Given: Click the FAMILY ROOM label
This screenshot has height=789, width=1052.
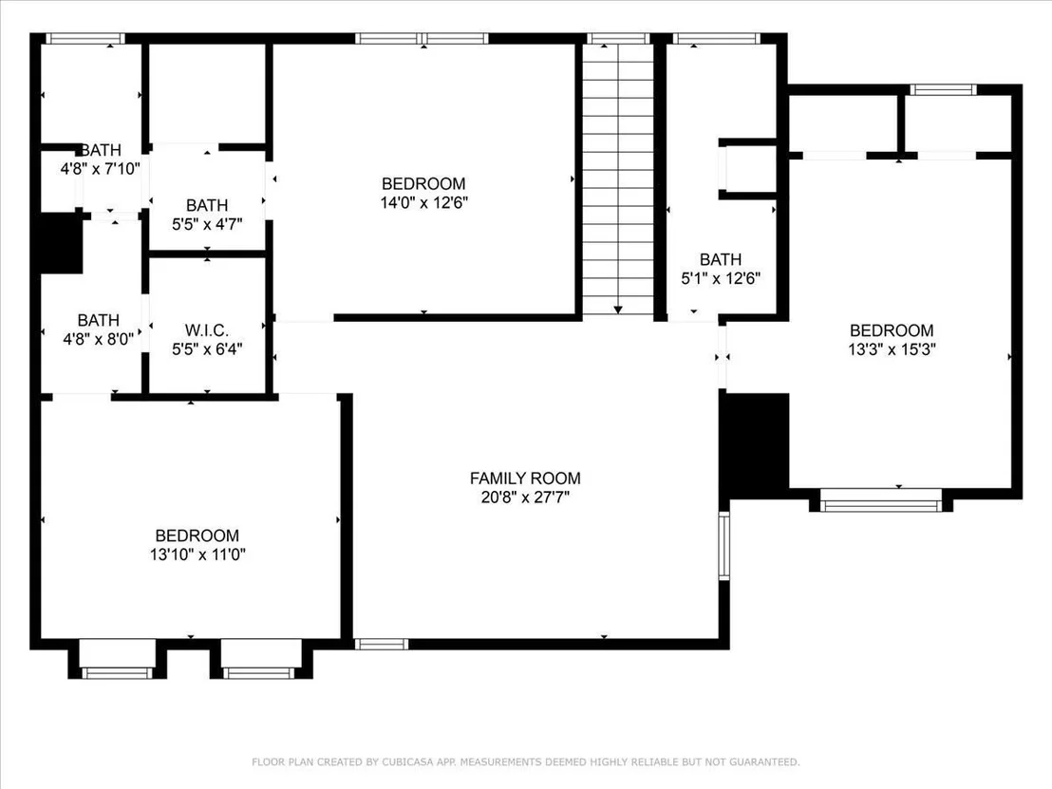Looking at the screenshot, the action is click(525, 479).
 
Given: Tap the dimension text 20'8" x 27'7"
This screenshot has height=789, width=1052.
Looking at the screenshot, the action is click(525, 498).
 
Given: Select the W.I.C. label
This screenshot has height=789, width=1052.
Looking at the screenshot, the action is click(207, 330).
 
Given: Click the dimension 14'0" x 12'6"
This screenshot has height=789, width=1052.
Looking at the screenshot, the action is click(424, 202).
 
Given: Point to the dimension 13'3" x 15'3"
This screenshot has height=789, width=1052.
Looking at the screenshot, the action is click(892, 348).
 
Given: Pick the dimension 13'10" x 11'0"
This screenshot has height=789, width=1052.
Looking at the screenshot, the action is click(197, 554).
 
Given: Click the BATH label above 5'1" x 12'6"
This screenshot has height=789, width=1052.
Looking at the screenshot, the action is click(721, 259).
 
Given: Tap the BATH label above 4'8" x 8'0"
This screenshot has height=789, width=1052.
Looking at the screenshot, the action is click(99, 320).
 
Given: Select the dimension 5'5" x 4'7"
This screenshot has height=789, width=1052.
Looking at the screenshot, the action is click(207, 224).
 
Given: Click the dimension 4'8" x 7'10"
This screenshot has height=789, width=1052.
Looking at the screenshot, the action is click(101, 168).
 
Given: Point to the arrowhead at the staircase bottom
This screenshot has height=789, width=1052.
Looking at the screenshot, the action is click(618, 310).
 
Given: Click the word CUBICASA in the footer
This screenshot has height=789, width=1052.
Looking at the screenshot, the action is click(409, 762).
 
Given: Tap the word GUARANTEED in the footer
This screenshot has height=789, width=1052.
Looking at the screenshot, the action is click(764, 762).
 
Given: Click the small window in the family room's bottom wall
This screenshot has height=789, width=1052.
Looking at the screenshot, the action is click(381, 644).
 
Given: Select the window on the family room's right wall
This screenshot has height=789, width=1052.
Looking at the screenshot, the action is click(723, 545).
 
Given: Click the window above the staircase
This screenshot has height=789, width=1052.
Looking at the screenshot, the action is click(618, 38).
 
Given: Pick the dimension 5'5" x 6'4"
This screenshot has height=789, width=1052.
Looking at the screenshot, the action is click(207, 348).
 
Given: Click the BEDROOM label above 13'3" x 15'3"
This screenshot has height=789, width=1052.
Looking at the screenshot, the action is click(892, 330).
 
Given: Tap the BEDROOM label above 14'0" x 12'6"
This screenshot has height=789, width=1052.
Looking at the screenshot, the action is click(423, 183).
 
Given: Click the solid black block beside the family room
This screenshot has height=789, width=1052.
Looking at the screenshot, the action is click(754, 444).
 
